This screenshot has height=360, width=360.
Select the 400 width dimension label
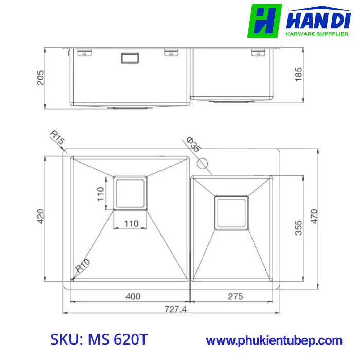tap(133, 296)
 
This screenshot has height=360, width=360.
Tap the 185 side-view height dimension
tap(298, 74)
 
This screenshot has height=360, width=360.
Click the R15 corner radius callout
tap(57, 138)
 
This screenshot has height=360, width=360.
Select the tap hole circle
tap(203, 164)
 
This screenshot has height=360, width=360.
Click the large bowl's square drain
tap(130, 193)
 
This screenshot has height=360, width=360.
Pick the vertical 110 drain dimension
tap(101, 193)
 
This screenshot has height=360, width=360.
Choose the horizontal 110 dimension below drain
tap(130, 223)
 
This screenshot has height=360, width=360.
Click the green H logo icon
tap(264, 21)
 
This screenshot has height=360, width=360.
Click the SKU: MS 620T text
tap(99, 340)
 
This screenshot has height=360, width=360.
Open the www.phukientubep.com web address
tap(274, 340)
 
